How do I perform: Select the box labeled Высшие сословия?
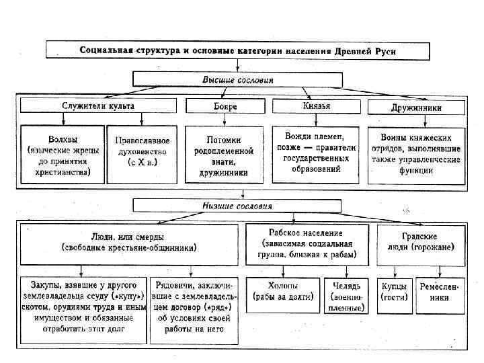238,80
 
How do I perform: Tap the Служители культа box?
97,106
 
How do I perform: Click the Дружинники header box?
415,107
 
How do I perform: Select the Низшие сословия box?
238,205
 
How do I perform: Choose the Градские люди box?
421,242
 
